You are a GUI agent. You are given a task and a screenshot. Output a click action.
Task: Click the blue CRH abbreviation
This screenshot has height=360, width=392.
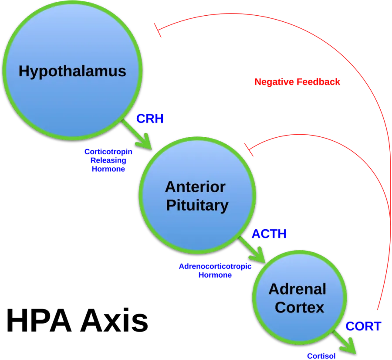(x=150, y=119)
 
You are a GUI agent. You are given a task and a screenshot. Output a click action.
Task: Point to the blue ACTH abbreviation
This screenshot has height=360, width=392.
(x=269, y=234)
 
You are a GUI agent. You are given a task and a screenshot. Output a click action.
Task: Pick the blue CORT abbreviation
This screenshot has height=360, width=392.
(x=363, y=326)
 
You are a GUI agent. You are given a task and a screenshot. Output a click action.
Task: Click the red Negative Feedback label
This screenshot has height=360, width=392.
(x=297, y=82)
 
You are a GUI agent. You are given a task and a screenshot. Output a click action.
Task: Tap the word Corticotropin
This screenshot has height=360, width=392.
(x=108, y=152)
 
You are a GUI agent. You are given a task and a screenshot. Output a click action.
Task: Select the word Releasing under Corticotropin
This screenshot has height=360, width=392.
(x=108, y=160)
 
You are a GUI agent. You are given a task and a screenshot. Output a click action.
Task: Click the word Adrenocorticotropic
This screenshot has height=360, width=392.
(x=215, y=266)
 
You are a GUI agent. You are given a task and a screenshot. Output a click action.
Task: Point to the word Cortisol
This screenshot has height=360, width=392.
(x=321, y=356)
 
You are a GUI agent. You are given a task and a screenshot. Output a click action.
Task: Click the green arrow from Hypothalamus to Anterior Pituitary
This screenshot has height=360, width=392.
(x=137, y=135)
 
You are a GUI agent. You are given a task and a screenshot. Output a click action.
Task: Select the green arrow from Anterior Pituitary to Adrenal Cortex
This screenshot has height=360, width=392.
(x=252, y=250)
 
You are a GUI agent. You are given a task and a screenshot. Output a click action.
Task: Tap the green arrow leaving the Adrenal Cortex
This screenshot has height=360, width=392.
(x=344, y=342)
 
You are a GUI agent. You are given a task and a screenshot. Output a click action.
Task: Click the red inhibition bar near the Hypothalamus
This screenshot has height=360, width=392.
(x=158, y=30)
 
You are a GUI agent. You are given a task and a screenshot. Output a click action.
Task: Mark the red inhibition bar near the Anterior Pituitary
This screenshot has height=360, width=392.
(x=249, y=150)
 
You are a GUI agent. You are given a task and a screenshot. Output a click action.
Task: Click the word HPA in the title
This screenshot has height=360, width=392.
(x=39, y=320)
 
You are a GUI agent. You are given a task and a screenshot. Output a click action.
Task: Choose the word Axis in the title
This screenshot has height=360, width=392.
(x=114, y=320)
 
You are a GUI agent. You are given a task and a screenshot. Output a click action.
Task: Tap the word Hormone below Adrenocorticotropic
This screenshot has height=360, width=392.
(x=215, y=275)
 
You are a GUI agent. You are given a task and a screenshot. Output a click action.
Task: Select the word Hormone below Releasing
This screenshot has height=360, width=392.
(x=108, y=169)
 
